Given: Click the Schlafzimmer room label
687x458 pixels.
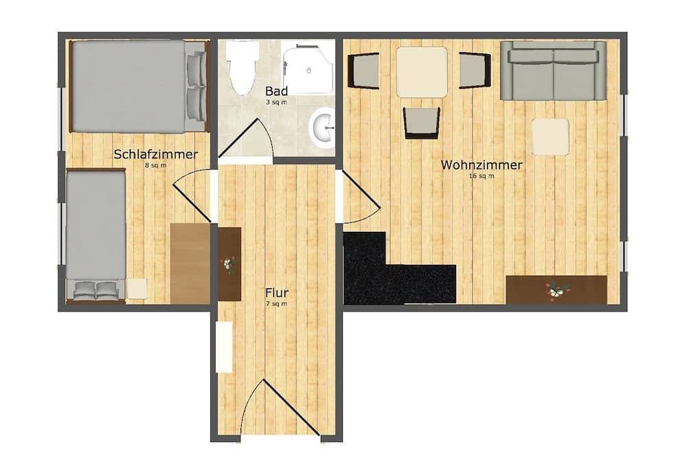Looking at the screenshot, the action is coord(155,155).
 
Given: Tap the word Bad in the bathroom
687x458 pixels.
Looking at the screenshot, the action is coord(276,91).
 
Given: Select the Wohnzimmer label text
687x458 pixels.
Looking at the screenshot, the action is coord(482,165).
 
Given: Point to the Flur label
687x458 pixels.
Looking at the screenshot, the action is coord(277,293).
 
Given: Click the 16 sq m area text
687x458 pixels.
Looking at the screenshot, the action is coord(482,176).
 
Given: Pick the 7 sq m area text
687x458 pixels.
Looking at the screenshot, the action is coord(276,303).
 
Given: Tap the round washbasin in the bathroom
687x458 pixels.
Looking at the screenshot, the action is coord(322,127).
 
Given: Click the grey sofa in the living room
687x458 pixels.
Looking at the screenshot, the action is coord(553,70).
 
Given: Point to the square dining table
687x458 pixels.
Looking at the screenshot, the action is coord(422,72).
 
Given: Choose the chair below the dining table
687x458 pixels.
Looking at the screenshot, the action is coord(421,123).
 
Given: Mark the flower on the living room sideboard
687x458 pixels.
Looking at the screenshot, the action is coord(556,290).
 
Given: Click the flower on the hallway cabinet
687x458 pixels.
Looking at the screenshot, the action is coord(228,265).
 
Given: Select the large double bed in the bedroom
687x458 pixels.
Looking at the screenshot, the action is coord(138,86).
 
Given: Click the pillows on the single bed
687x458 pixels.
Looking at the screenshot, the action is coord(96,290).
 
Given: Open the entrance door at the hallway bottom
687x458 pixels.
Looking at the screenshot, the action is coord(280,408).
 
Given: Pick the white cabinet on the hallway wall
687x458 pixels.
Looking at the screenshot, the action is coord(224,347).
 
